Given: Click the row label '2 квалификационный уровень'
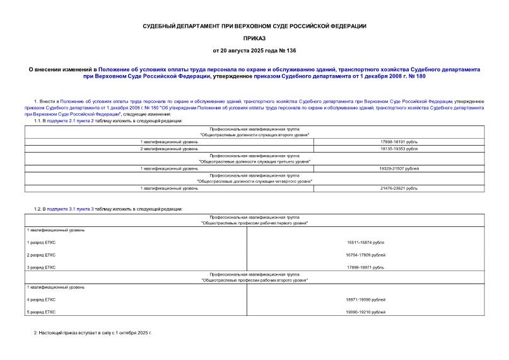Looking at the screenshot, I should click(x=169, y=149).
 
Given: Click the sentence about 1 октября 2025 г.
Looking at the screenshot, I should click(x=93, y=332).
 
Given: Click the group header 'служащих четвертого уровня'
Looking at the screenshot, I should click(x=254, y=182).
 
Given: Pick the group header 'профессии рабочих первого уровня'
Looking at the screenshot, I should click(x=254, y=223).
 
